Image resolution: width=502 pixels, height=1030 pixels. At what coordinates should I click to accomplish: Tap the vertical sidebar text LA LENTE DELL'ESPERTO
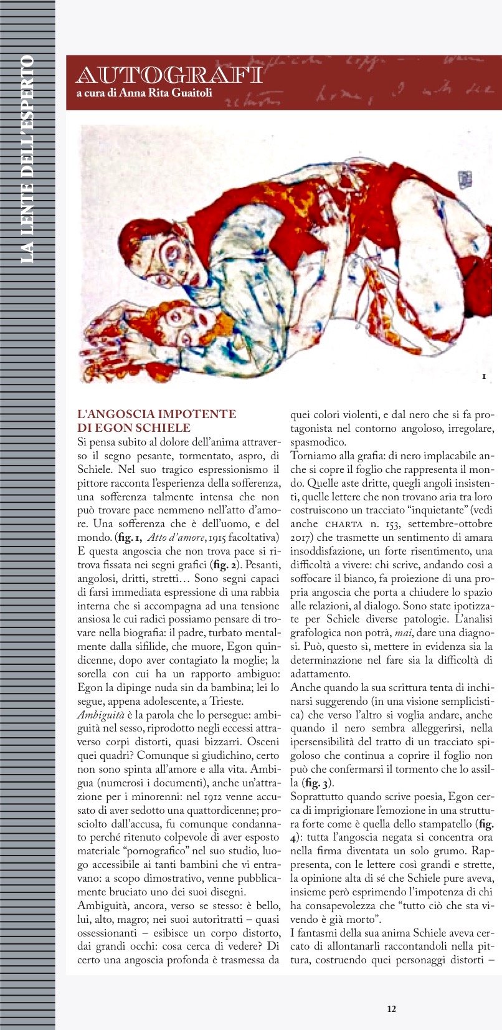pyautogui.click(x=27, y=159)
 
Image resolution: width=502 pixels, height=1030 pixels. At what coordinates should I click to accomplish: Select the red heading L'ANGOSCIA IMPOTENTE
pyautogui.click(x=156, y=414)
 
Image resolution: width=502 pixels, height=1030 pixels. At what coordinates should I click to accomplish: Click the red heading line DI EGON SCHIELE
pyautogui.click(x=134, y=427)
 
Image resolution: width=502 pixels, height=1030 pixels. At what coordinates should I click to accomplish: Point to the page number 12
pyautogui.click(x=391, y=1009)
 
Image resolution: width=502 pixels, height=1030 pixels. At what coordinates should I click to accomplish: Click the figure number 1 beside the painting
pyautogui.click(x=483, y=376)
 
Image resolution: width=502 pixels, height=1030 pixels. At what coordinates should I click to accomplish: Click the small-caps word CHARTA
pyautogui.click(x=353, y=524)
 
